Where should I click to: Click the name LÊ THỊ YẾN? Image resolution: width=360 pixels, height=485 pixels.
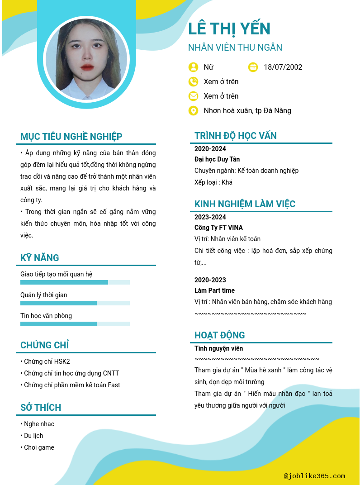click(x=229, y=29)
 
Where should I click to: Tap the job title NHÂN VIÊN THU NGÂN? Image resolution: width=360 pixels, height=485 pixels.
click(x=235, y=48)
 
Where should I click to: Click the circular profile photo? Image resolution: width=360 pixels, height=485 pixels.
click(x=86, y=60)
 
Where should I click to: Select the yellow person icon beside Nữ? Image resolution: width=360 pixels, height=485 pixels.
click(x=193, y=67)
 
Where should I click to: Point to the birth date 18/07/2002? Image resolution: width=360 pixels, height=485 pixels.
click(x=283, y=67)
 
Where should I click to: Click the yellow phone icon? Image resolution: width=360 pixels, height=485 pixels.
click(x=193, y=81)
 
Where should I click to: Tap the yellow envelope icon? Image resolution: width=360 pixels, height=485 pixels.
click(x=193, y=96)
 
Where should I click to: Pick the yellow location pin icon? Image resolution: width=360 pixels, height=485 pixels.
click(x=193, y=110)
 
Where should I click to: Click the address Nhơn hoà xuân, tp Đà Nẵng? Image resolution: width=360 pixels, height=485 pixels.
click(x=247, y=110)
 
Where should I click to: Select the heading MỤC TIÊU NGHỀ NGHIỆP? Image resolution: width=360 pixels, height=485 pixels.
click(x=71, y=137)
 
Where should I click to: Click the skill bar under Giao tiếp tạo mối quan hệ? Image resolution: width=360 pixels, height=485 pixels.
click(x=75, y=282)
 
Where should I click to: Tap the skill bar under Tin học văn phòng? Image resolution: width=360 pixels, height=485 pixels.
click(x=75, y=324)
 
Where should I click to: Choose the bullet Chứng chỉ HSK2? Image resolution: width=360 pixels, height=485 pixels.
click(x=47, y=361)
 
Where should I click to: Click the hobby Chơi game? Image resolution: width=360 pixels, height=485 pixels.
click(x=39, y=447)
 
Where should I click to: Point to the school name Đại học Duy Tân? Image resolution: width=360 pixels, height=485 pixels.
click(x=217, y=159)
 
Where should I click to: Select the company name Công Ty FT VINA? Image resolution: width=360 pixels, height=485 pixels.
click(x=218, y=228)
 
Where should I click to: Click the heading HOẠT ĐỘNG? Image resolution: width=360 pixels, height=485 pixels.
click(x=220, y=335)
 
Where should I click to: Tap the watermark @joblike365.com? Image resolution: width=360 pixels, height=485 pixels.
click(x=314, y=476)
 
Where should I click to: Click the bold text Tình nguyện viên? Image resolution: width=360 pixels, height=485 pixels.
click(x=219, y=348)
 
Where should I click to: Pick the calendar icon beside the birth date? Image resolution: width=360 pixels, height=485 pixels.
click(x=253, y=67)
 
